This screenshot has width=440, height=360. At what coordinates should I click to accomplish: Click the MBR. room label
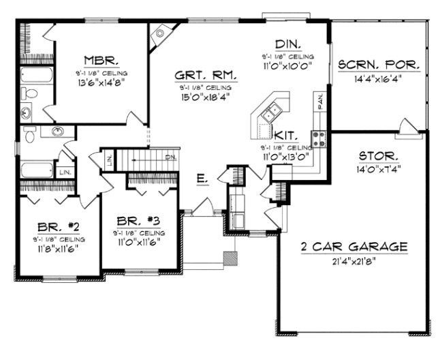click(x=99, y=59)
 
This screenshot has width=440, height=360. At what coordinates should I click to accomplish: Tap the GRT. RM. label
click(x=202, y=76)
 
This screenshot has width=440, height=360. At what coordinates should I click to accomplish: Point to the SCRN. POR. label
click(x=379, y=65)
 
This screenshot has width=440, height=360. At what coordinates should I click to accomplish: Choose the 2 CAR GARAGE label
click(x=354, y=246)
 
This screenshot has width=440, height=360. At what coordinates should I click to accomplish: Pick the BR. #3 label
click(x=138, y=220)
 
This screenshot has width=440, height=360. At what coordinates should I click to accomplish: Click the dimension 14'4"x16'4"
click(x=379, y=78)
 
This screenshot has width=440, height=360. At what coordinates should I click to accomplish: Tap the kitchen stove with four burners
click(x=319, y=138)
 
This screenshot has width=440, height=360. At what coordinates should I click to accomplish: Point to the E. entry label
click(x=202, y=179)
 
